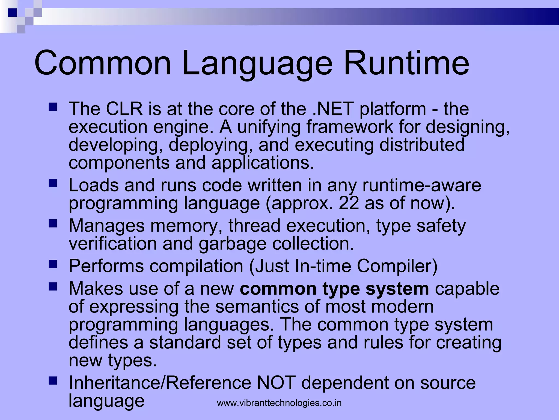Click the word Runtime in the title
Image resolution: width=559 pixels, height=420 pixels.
pyautogui.click(x=406, y=63)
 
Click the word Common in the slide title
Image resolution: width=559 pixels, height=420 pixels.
pyautogui.click(x=102, y=63)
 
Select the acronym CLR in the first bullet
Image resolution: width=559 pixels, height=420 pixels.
pyautogui.click(x=124, y=109)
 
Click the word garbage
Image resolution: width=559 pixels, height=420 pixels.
pyautogui.click(x=232, y=244)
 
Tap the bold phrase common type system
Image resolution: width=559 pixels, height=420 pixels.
pyautogui.click(x=334, y=289)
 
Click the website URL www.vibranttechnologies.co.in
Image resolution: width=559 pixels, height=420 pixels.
pyautogui.click(x=279, y=403)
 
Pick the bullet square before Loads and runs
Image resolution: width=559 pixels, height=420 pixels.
pyautogui.click(x=53, y=183)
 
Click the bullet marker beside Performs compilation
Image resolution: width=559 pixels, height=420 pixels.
pyautogui.click(x=53, y=264)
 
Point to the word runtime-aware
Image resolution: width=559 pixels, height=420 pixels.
pyautogui.click(x=421, y=185)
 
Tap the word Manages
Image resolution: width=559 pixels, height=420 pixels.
pyautogui.click(x=106, y=226)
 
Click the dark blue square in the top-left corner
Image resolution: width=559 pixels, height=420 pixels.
pyautogui.click(x=12, y=13)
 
